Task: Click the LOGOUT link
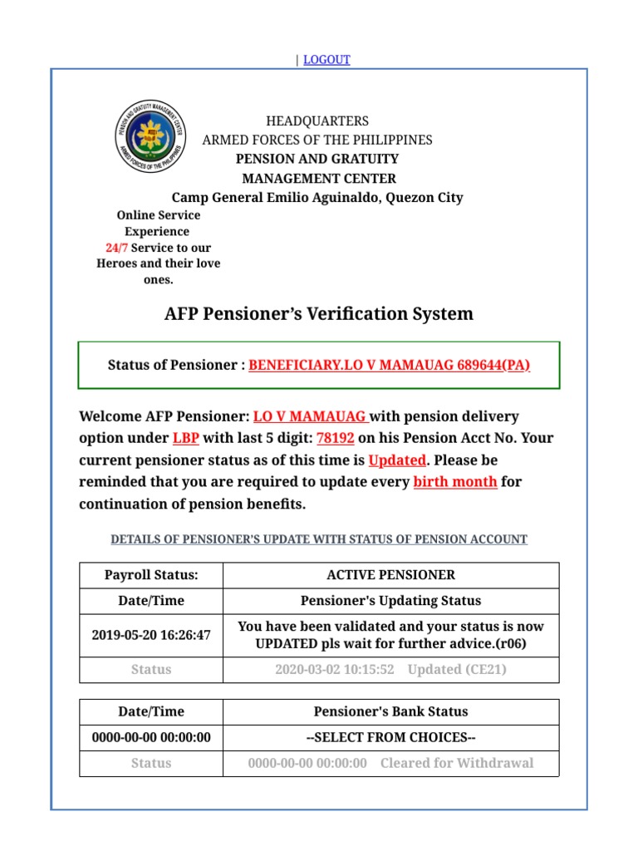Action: [x=326, y=60]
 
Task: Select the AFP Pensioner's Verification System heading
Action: [x=319, y=313]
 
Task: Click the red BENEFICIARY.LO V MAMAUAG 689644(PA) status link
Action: [x=389, y=366]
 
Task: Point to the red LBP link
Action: [x=185, y=438]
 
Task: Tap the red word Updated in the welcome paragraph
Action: [x=397, y=460]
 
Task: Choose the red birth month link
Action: [x=455, y=481]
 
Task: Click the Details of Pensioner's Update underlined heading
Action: [x=319, y=539]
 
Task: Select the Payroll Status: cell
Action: [x=151, y=575]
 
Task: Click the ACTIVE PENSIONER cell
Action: [x=390, y=575]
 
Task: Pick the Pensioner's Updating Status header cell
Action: [x=390, y=600]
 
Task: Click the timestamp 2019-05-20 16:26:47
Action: [x=151, y=635]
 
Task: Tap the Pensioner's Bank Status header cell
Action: [x=390, y=711]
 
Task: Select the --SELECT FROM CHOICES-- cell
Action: [x=390, y=737]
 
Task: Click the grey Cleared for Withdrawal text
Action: [x=457, y=763]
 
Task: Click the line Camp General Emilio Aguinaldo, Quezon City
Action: [x=317, y=197]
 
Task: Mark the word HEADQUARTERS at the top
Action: [x=317, y=121]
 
